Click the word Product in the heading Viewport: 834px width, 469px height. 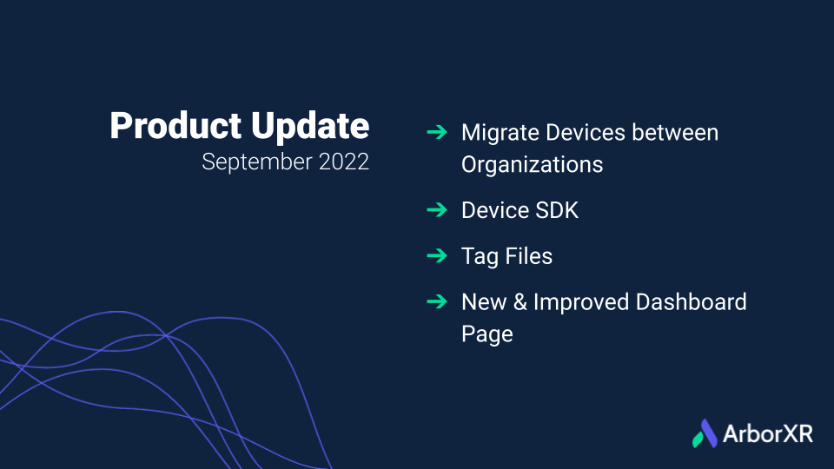point(175,125)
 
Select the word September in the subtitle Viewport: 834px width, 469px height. point(257,162)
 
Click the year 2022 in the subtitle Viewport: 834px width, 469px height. point(344,162)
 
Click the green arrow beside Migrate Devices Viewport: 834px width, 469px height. point(437,132)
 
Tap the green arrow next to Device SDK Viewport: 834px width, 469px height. point(437,210)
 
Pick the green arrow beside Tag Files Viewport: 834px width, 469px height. point(437,255)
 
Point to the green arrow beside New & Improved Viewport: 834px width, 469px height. point(437,301)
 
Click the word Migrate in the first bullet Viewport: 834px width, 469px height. point(500,134)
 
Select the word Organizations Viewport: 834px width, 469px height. point(533,165)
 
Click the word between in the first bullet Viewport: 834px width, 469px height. point(675,132)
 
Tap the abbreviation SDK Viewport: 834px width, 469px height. point(557,210)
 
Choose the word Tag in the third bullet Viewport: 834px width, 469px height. point(480,257)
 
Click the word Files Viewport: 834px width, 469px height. point(529,255)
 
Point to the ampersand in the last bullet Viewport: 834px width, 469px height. point(520,302)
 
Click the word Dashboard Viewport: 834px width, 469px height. point(692,301)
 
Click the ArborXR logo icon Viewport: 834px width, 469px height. point(705,433)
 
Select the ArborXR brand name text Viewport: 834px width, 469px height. point(768,434)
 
